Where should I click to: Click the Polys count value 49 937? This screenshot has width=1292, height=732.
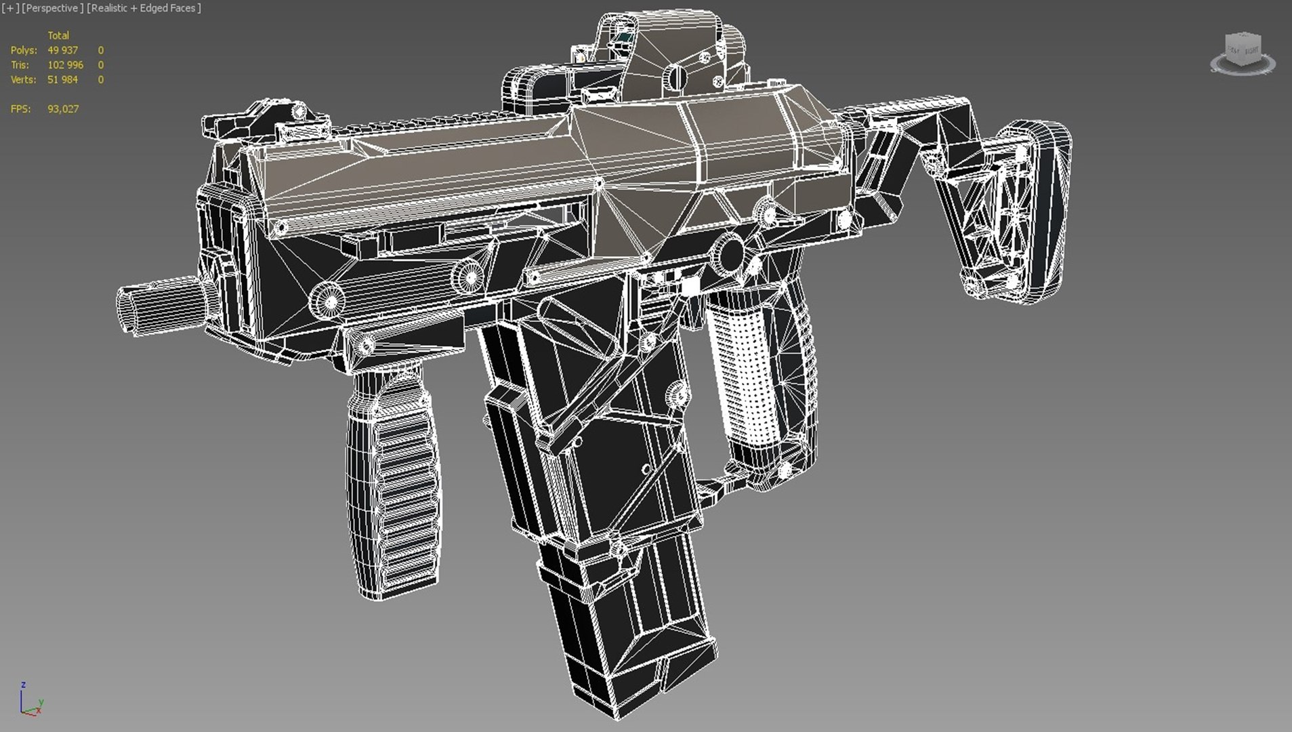pyautogui.click(x=62, y=50)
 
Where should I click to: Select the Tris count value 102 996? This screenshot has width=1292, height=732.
pyautogui.click(x=65, y=65)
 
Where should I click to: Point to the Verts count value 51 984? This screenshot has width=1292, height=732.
pyautogui.click(x=62, y=80)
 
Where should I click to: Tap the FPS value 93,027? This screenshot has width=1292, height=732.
pyautogui.click(x=63, y=109)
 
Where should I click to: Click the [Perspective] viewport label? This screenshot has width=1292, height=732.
pyautogui.click(x=53, y=8)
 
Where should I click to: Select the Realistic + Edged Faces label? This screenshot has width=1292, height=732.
pyautogui.click(x=144, y=8)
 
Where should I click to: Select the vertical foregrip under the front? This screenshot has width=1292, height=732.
pyautogui.click(x=393, y=481)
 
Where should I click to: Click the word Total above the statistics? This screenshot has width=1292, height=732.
pyautogui.click(x=58, y=35)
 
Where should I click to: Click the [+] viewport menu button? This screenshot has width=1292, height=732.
pyautogui.click(x=10, y=8)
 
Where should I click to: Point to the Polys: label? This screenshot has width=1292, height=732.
pyautogui.click(x=24, y=50)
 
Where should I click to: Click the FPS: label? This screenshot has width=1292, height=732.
pyautogui.click(x=21, y=109)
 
